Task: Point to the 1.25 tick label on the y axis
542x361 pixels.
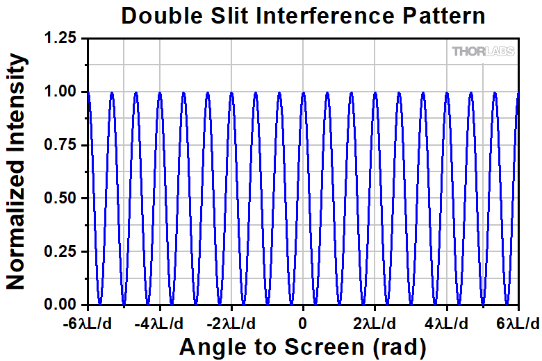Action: click(61, 39)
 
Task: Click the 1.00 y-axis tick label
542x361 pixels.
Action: click(61, 92)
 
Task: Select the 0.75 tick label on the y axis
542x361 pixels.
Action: click(61, 145)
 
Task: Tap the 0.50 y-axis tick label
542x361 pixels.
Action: click(61, 199)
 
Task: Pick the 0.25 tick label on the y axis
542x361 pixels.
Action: click(61, 251)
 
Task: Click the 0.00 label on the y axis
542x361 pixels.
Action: click(61, 305)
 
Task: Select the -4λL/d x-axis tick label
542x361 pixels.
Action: click(160, 324)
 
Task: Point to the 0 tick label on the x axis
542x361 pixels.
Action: click(303, 324)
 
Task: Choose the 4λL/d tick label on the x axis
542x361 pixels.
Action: click(446, 324)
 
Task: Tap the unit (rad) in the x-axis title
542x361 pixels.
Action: click(395, 345)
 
